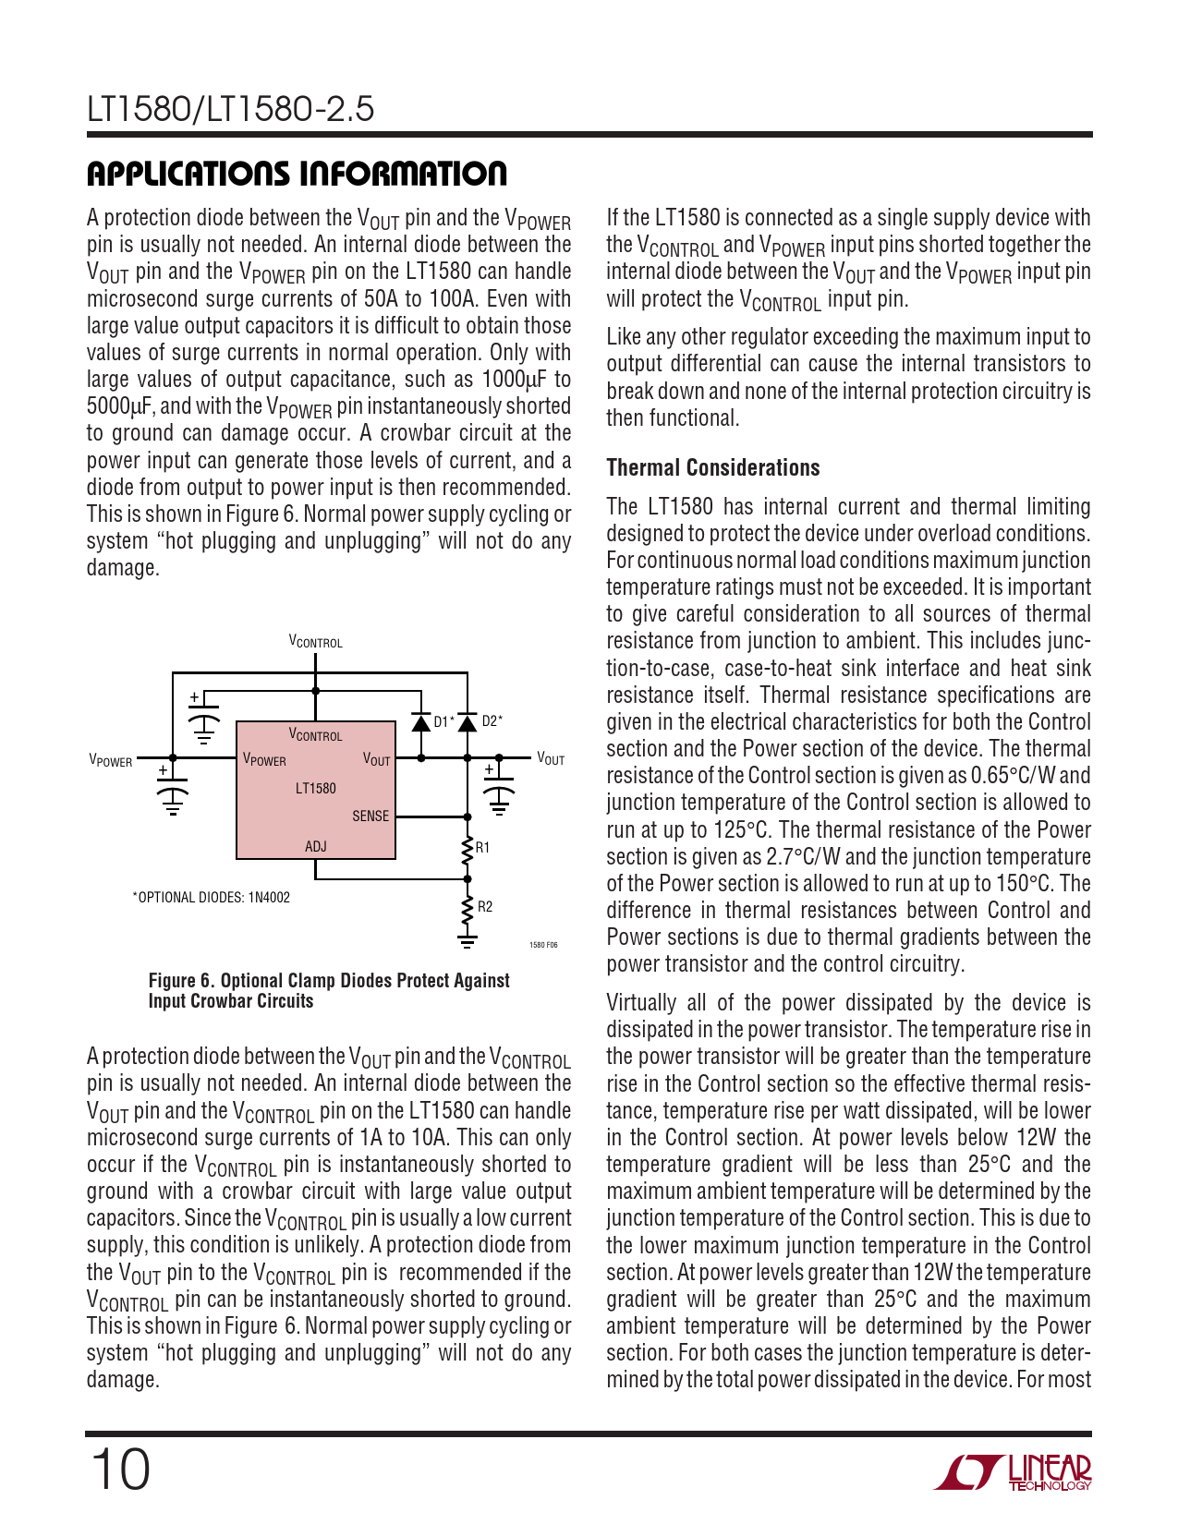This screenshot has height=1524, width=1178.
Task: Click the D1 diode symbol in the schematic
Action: click(x=421, y=721)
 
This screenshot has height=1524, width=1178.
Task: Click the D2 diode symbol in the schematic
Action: click(x=468, y=721)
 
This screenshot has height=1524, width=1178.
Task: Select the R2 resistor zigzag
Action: click(x=468, y=907)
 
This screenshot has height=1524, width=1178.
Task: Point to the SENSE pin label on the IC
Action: click(x=370, y=816)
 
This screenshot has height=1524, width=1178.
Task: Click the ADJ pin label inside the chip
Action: click(x=316, y=847)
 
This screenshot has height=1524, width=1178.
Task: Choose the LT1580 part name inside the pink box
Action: click(x=316, y=789)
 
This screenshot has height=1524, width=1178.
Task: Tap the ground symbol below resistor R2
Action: click(x=468, y=940)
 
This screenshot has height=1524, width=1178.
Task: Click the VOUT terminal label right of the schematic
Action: click(x=551, y=759)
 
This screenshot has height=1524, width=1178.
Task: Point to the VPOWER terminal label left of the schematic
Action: click(x=110, y=760)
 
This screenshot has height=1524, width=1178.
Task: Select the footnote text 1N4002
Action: click(x=269, y=898)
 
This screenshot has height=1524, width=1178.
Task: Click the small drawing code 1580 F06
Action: click(x=543, y=945)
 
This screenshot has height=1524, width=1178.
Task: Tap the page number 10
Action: click(x=120, y=1470)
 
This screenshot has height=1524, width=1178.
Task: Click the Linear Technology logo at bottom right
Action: click(x=1013, y=1472)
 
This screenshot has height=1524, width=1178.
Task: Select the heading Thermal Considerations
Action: click(x=713, y=468)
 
